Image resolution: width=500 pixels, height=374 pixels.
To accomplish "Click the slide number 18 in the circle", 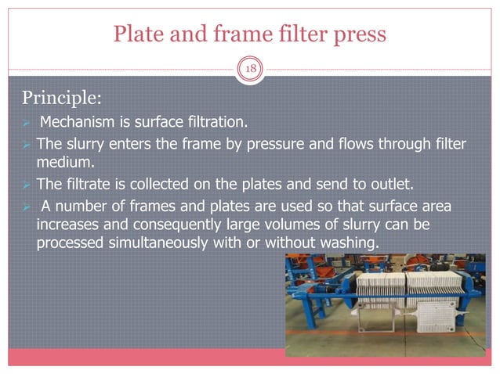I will tap(250, 69).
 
